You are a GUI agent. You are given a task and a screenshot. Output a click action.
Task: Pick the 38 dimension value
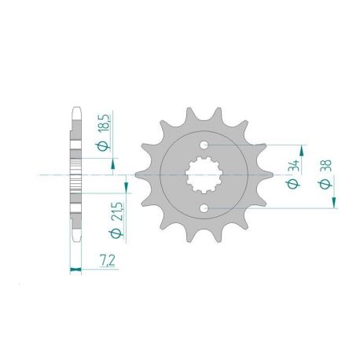(324, 167)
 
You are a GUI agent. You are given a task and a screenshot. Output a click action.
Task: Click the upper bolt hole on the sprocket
(205, 146)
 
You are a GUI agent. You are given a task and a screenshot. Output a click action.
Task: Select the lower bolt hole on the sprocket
(205, 208)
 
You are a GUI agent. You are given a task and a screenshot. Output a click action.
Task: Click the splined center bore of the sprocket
(205, 176)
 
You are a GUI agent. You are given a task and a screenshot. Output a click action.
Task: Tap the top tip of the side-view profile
(76, 107)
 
